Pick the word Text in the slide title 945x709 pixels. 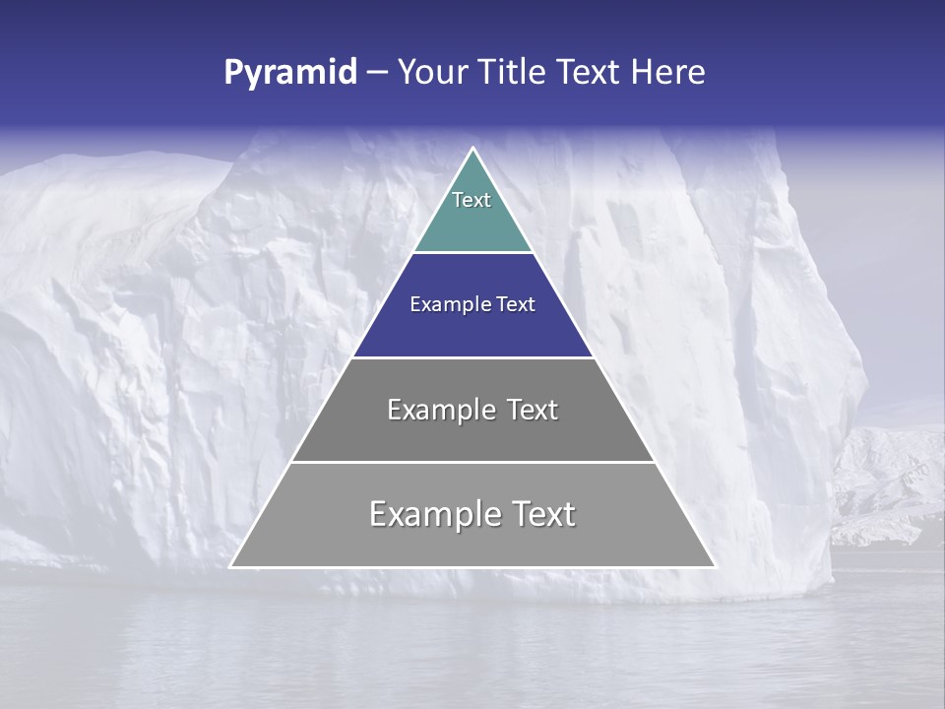pos(590,73)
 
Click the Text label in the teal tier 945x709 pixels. pos(472,200)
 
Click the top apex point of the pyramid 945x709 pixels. pos(472,149)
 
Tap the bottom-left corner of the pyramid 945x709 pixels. pos(231,566)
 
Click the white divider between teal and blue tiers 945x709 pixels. pos(472,252)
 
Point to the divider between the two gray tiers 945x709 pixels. pos(472,462)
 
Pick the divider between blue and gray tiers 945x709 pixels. pos(472,357)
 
